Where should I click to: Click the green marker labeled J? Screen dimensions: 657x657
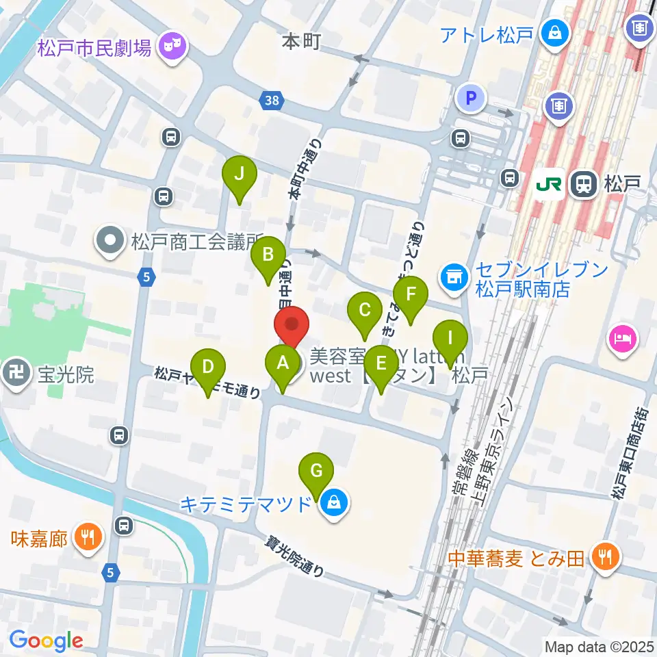[239, 175]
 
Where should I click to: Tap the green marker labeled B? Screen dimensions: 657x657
[268, 256]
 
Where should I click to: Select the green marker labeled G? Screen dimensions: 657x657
[316, 472]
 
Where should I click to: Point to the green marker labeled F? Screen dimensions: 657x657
[411, 295]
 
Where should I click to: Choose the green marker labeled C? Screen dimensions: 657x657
[365, 311]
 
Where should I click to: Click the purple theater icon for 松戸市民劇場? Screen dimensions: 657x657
[170, 47]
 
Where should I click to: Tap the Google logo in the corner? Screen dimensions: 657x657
[47, 641]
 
